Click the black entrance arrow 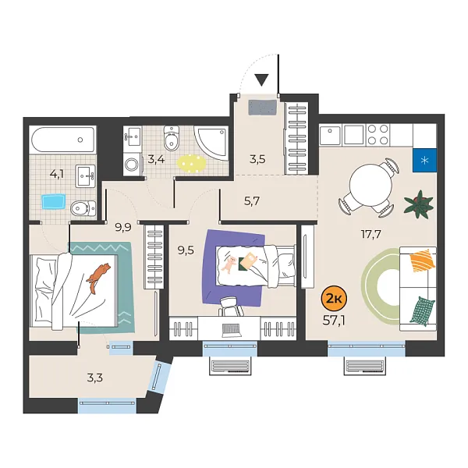tap(261, 80)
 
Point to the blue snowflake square tap(425, 161)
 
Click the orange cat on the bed tap(98, 277)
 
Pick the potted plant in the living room tap(419, 204)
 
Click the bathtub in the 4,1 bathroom tap(62, 142)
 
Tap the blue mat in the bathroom tap(52, 202)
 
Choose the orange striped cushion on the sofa tap(421, 259)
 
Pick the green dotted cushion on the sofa tap(422, 310)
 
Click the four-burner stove tap(378, 135)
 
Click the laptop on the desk tap(232, 328)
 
